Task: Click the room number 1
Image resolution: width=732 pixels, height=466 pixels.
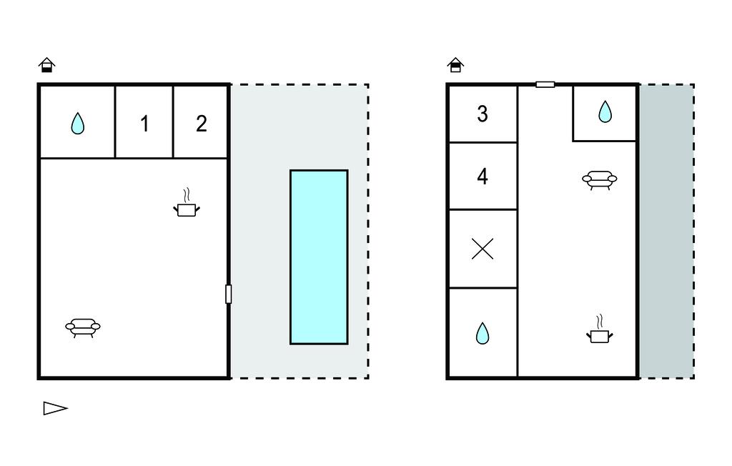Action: [x=144, y=124]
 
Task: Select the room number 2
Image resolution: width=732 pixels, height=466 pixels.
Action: [x=201, y=124]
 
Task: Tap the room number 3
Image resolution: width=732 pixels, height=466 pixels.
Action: [x=483, y=114]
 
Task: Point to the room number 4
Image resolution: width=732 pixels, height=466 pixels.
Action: [x=483, y=177]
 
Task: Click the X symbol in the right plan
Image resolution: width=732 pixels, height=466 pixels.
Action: [x=483, y=249]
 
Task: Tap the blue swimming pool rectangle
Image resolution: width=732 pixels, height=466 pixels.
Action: [x=319, y=257]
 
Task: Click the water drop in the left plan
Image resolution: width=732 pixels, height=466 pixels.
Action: [x=78, y=123]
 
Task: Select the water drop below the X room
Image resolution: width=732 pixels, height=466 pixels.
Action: [x=483, y=333]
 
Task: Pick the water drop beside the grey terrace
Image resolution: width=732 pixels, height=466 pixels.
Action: [x=605, y=111]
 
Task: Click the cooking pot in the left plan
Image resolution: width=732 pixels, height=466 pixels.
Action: [x=187, y=203]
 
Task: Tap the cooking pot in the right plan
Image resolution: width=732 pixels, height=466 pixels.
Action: [x=600, y=329]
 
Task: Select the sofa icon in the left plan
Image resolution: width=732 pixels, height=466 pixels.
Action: [x=83, y=327]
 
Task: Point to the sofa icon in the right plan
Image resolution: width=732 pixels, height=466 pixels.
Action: [x=600, y=180]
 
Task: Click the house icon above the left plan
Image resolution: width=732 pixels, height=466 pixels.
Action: [x=46, y=65]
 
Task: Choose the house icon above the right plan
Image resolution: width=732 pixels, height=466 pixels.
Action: [x=455, y=65]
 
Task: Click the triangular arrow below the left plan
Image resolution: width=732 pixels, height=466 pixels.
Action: [x=56, y=408]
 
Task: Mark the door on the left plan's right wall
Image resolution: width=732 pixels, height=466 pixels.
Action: [x=228, y=294]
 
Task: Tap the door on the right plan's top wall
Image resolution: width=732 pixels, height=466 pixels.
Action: [x=545, y=84]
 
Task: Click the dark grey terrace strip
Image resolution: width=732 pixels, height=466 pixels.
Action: [x=667, y=232]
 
